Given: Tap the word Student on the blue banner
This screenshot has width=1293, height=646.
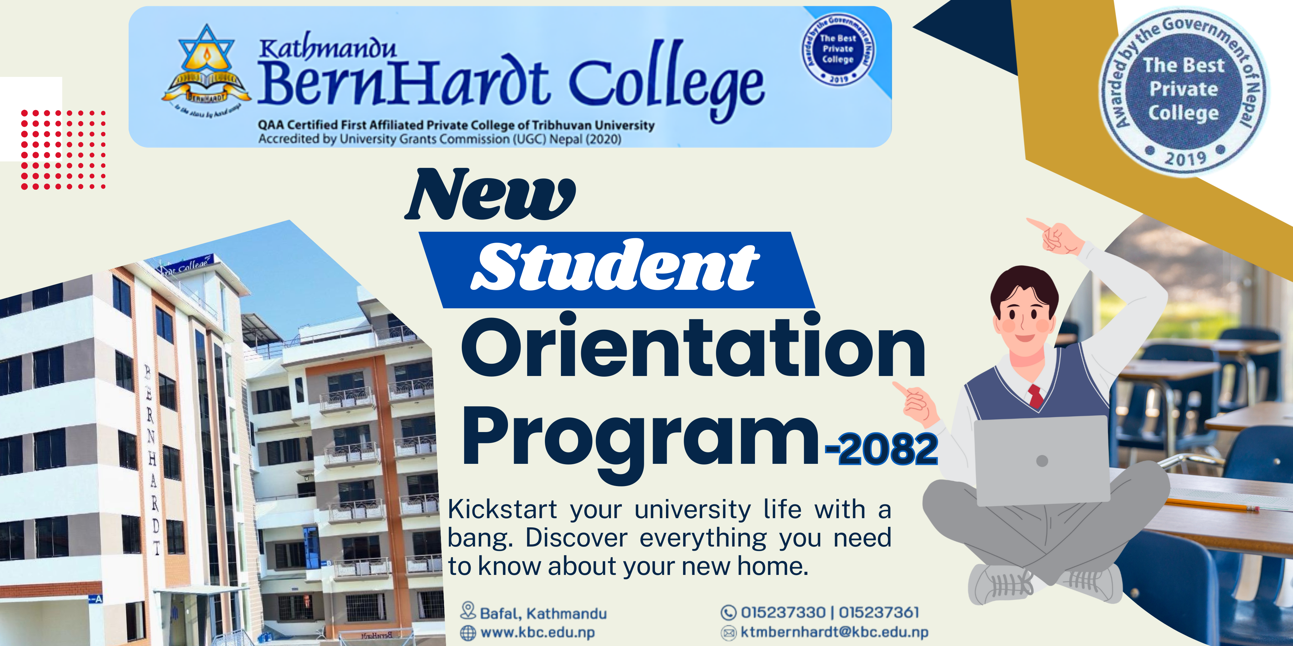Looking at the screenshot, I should [615, 266].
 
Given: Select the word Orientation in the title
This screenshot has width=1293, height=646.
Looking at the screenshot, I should [693, 349].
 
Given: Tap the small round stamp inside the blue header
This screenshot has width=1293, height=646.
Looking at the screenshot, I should [837, 49].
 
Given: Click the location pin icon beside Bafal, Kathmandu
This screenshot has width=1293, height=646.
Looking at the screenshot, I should [468, 610].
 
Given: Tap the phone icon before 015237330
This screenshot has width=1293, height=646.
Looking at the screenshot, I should [728, 613].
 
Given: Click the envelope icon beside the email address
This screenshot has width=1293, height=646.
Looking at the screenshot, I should [728, 633].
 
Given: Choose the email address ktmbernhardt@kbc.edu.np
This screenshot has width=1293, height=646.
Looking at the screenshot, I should [834, 632].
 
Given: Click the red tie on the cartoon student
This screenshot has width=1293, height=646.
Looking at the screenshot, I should [1035, 396].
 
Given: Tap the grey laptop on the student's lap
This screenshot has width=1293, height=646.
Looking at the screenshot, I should [1042, 460].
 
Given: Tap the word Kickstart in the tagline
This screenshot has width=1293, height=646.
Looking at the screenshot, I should [502, 510].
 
